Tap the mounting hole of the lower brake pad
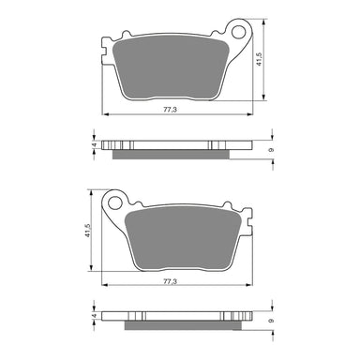pos(115,199)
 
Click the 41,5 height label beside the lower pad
pos(86,231)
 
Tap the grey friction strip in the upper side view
pos(173,154)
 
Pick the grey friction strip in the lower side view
pos(173,323)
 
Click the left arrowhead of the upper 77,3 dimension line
pos(103,116)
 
